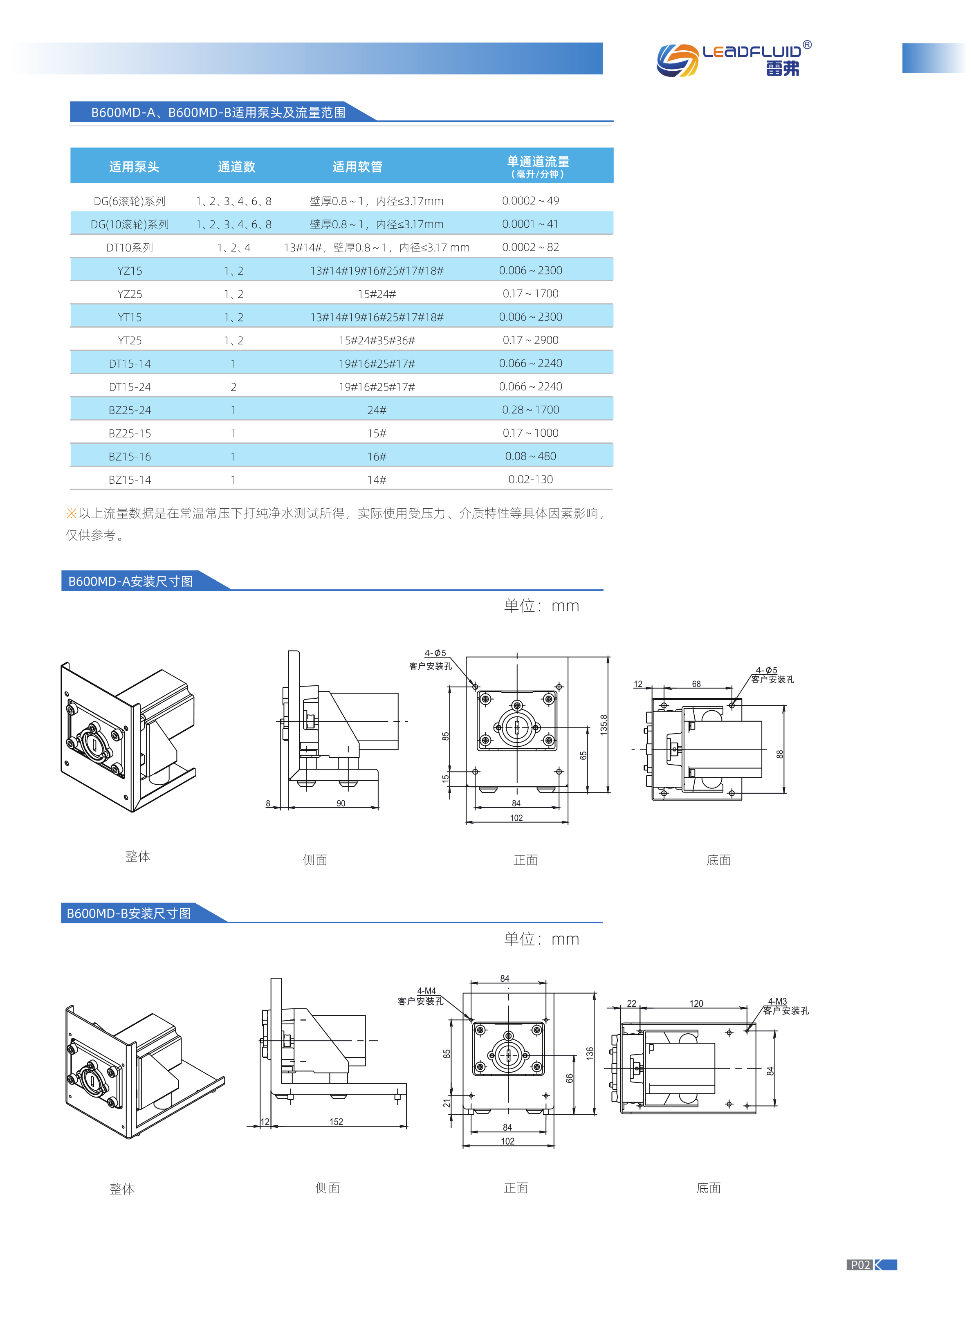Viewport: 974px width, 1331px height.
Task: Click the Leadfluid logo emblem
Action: (x=678, y=60)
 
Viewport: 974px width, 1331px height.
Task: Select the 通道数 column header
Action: (x=236, y=167)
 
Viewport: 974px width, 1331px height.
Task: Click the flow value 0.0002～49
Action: (x=531, y=201)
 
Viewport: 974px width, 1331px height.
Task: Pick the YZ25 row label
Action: (x=130, y=294)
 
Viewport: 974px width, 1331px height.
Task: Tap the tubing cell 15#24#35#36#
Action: (x=377, y=341)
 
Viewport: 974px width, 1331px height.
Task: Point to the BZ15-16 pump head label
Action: (x=130, y=457)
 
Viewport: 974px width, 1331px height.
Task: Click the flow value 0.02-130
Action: (x=531, y=480)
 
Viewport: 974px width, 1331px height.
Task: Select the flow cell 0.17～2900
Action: (x=531, y=340)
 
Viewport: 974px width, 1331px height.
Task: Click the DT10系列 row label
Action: (x=130, y=247)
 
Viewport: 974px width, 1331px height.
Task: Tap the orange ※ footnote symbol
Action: (x=71, y=514)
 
